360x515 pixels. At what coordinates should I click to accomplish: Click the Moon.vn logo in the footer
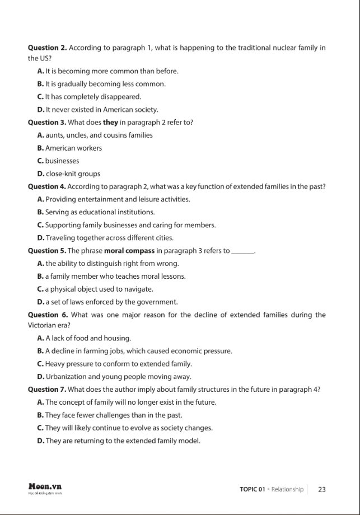tap(45, 488)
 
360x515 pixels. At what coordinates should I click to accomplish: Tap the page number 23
tap(322, 489)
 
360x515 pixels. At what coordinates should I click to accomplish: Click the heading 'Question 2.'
tap(47, 48)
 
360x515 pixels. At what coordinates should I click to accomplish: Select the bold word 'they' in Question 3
tap(110, 122)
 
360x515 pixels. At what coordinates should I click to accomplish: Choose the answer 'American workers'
tap(73, 148)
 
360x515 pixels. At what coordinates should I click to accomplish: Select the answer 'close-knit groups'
tap(72, 174)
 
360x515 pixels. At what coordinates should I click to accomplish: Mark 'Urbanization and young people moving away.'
tap(118, 377)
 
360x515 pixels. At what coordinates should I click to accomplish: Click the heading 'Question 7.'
tap(47, 389)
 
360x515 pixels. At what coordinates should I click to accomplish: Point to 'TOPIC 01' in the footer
tap(252, 489)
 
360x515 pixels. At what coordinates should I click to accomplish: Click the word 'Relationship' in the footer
tap(287, 489)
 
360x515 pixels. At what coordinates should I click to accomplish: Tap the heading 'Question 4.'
tap(47, 186)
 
